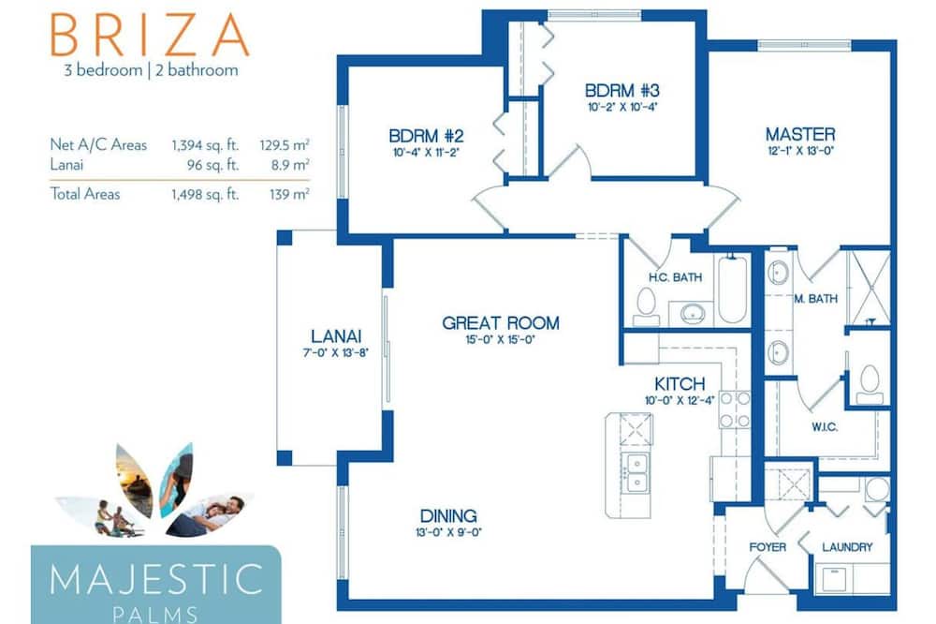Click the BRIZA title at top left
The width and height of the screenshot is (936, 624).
(x=149, y=35)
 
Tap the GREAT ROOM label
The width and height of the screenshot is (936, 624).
(x=501, y=323)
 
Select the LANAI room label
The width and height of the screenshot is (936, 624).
(x=336, y=336)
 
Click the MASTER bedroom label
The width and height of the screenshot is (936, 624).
(x=800, y=134)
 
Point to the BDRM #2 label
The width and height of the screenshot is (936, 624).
(x=426, y=136)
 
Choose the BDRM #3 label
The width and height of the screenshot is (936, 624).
(x=622, y=91)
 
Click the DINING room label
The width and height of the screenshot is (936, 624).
(x=448, y=516)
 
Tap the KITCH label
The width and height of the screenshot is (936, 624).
(x=680, y=384)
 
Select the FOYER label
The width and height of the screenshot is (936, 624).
(x=768, y=547)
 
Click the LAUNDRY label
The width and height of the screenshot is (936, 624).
(x=847, y=547)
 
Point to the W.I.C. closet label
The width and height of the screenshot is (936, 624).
(x=825, y=427)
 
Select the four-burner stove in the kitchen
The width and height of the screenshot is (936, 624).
(x=734, y=409)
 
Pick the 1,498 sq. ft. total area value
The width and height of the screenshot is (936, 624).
(x=205, y=194)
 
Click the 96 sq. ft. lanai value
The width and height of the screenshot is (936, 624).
(x=213, y=165)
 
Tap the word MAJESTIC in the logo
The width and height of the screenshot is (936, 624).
(x=156, y=579)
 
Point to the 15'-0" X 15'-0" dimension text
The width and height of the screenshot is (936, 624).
(x=500, y=340)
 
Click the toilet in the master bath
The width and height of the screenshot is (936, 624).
(x=870, y=383)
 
